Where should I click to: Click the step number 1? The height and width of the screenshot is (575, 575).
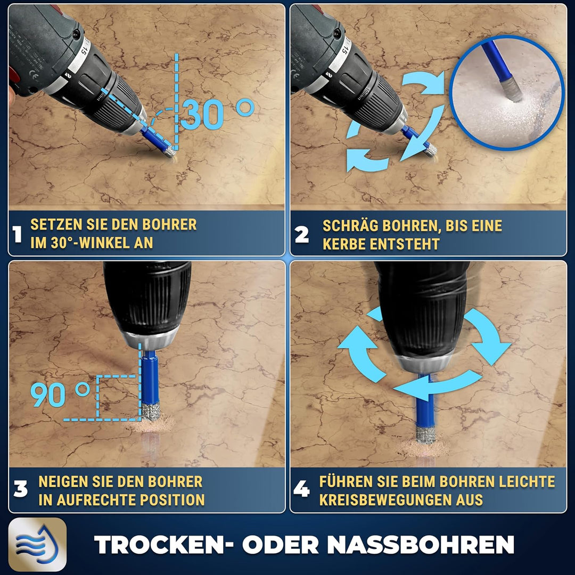click(x=17, y=234)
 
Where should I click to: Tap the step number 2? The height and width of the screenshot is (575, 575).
click(x=302, y=235)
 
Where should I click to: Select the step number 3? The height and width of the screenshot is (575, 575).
click(x=21, y=489)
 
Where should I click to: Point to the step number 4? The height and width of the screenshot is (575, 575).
click(x=301, y=489)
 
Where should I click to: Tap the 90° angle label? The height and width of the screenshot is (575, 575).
click(x=60, y=394)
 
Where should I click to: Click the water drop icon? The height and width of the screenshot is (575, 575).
click(x=37, y=544)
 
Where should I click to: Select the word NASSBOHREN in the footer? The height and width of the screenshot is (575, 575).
click(x=420, y=545)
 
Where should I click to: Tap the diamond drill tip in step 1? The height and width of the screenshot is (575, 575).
click(x=170, y=151)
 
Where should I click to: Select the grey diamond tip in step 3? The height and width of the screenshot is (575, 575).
click(x=151, y=412)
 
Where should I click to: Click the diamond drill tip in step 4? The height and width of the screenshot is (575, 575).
click(x=425, y=434)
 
